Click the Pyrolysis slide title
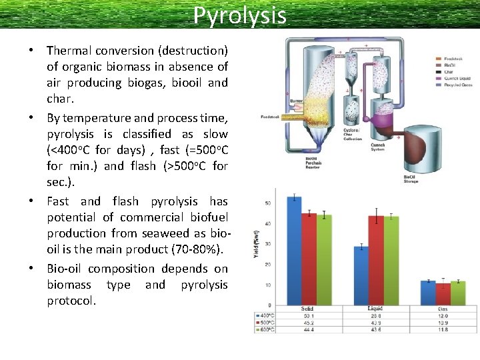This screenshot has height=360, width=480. pos(239,15)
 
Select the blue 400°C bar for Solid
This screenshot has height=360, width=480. pos(293,251)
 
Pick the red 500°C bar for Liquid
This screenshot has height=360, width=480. pos(377,260)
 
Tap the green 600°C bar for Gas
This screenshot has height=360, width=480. pos(457,293)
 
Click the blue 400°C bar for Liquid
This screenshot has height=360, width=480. pos(361,275)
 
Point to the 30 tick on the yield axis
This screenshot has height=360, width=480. pos(268,244)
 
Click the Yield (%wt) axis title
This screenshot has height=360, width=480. pos(256,244)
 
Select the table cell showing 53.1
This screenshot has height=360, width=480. pos(307,316)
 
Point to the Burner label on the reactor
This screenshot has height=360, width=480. pos(296,101)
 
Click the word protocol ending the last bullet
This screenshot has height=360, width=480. pos(71,301)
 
